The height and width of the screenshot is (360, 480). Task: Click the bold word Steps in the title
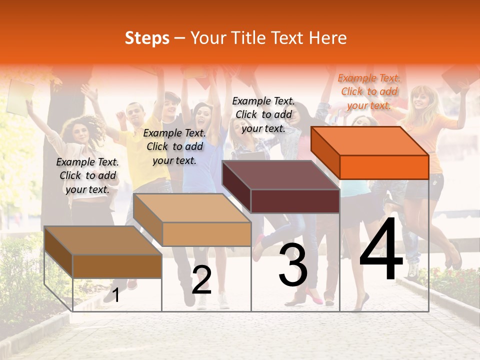[x=147, y=38]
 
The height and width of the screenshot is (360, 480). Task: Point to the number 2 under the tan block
[x=201, y=280]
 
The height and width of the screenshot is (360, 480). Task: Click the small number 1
[x=116, y=295]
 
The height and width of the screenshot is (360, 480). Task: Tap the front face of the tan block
[x=206, y=234]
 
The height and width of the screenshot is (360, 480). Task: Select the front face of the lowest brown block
[x=117, y=266]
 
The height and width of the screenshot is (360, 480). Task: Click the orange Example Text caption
[x=369, y=91]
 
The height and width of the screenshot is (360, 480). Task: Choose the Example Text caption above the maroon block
[x=263, y=114]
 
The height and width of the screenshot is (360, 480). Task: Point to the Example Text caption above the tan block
[x=174, y=146]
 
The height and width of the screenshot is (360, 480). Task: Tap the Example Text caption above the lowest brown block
[x=87, y=175]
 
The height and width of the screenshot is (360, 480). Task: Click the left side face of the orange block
[x=325, y=153]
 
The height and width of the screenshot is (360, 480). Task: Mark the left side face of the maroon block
[x=236, y=186]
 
